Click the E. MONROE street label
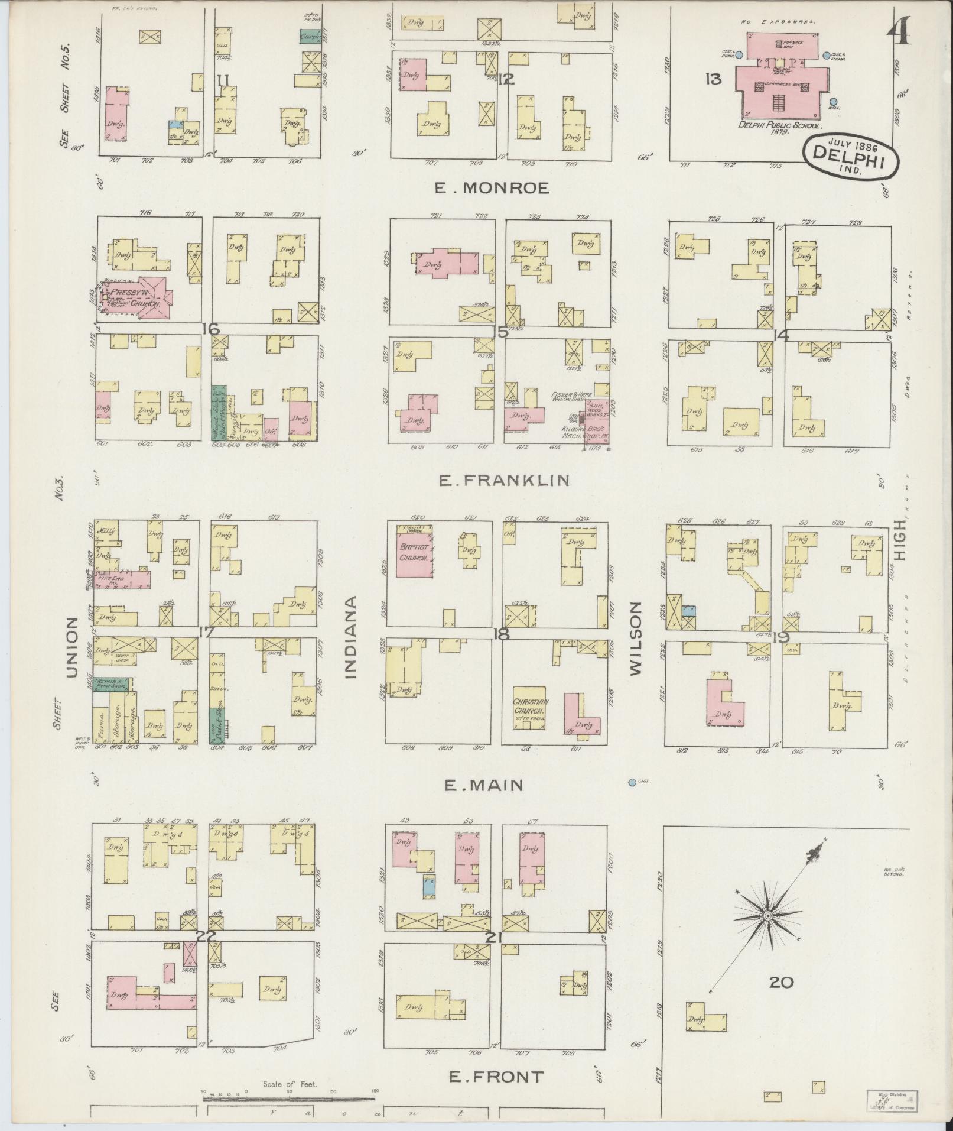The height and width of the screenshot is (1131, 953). (492, 188)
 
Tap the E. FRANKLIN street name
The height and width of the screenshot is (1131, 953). (504, 480)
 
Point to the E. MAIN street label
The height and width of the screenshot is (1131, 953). (483, 785)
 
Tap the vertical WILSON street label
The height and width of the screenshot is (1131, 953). (636, 639)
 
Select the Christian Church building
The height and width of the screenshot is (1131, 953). (531, 706)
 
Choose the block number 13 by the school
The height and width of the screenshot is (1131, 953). (713, 79)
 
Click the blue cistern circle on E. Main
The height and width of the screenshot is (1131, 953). (632, 782)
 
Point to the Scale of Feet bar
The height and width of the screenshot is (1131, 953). (290, 1098)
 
